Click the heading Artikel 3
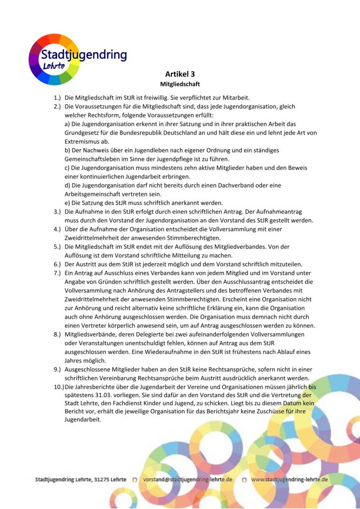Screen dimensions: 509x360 180,74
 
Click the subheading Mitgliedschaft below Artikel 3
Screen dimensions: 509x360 180,85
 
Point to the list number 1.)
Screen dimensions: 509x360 57,97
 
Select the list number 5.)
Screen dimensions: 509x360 57,247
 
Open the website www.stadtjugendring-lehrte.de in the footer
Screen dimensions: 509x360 289,480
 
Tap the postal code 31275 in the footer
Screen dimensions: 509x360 100,480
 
